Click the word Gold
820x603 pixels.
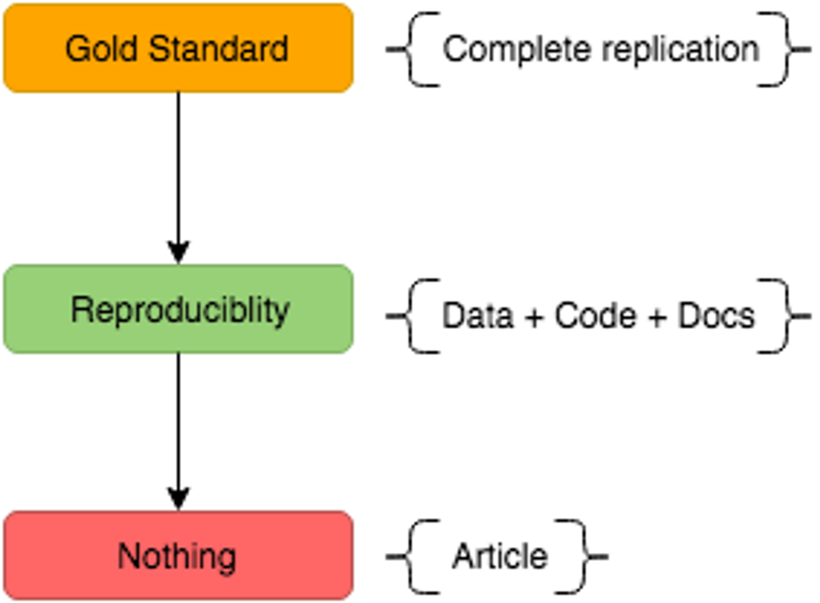click(101, 49)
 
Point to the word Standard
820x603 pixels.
click(218, 49)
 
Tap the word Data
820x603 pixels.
click(477, 316)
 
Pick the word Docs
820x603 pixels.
click(717, 316)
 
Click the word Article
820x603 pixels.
click(500, 556)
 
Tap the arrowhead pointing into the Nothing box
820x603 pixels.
click(178, 498)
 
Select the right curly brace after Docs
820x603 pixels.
click(785, 316)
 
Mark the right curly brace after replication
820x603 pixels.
click(785, 50)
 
